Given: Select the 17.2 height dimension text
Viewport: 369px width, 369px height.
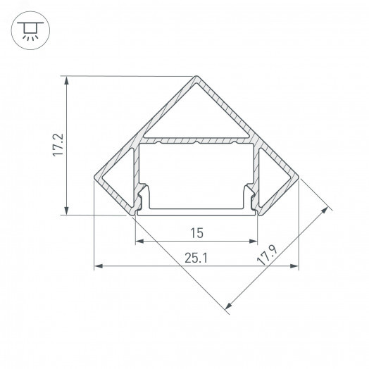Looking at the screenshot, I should click(59, 144).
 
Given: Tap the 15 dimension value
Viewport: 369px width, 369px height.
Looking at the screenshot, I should click(196, 232).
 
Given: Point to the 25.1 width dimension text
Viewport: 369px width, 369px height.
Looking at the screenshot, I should click(196, 258).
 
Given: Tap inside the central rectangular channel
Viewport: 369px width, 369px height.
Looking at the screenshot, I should click(196, 176).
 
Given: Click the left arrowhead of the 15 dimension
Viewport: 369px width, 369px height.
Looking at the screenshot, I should click(139, 241).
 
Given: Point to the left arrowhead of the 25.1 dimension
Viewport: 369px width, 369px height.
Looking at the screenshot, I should click(98, 267).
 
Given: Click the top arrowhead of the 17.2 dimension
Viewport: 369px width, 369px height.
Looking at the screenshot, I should click(67, 81).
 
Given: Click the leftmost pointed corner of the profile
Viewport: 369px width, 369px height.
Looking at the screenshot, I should click(94, 179).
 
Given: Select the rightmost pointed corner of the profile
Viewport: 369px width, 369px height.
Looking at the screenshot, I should click(299, 179).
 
